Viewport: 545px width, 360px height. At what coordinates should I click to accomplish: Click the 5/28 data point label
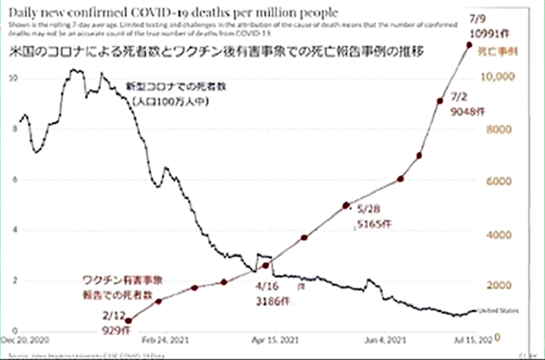[x=367, y=208]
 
